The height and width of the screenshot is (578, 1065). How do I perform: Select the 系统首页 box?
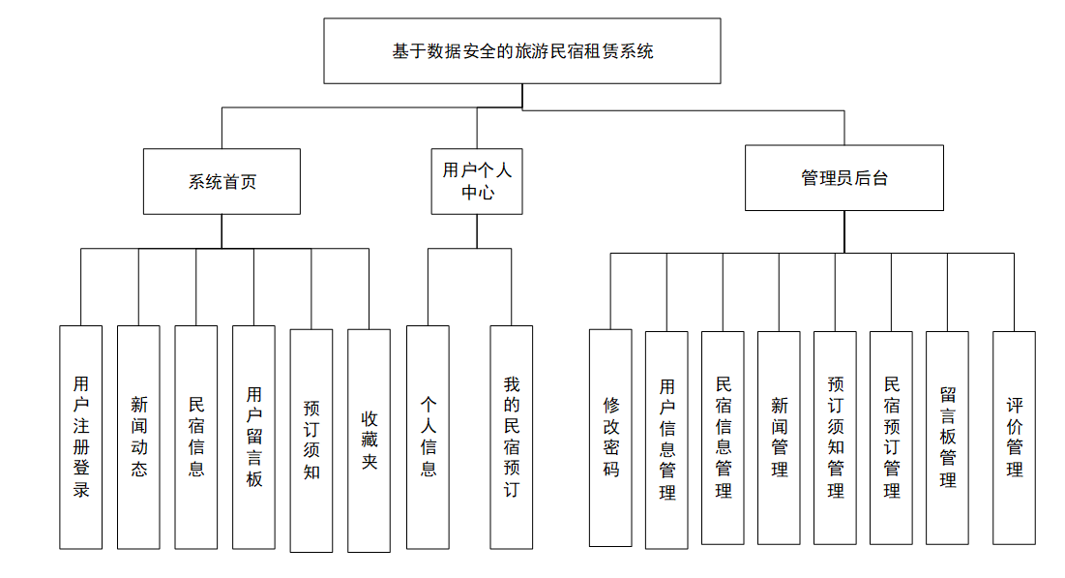(222, 181)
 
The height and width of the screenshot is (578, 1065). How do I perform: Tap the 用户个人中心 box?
(477, 181)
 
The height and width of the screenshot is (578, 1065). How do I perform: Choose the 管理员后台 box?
(843, 178)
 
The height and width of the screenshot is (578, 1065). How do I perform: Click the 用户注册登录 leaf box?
(81, 437)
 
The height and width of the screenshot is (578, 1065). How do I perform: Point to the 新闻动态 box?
(138, 437)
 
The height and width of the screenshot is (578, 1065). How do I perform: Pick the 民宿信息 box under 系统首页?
(196, 437)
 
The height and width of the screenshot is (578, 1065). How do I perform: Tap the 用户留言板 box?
(253, 437)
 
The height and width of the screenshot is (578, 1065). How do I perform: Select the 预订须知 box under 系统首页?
(311, 441)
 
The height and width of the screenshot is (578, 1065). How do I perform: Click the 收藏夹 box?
(369, 441)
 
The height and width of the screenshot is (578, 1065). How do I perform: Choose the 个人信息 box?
(428, 437)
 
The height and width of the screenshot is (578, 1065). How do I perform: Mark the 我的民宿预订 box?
(512, 437)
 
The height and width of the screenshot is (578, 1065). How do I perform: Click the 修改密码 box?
(610, 438)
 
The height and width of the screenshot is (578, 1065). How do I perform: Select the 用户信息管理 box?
(666, 441)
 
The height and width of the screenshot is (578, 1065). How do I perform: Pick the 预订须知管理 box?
(835, 438)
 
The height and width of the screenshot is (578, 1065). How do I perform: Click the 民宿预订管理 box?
(891, 438)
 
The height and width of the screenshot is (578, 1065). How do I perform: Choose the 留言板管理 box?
(947, 438)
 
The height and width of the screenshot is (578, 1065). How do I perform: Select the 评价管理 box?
(1014, 438)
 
